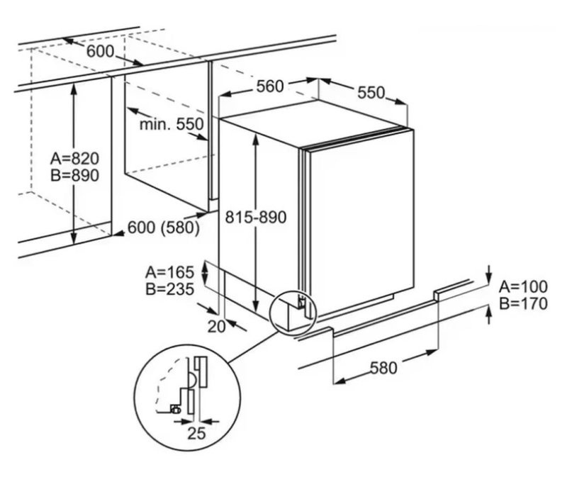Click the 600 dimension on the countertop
click(101, 51)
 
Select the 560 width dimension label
click(270, 86)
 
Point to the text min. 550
click(171, 124)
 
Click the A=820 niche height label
click(75, 158)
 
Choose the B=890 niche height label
click(75, 175)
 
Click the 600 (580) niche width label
click(163, 228)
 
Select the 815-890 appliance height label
click(256, 218)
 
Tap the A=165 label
click(170, 271)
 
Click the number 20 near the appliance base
click(217, 325)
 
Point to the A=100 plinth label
click(523, 287)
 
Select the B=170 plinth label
click(523, 305)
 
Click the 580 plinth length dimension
click(383, 367)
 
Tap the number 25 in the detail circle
click(196, 434)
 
